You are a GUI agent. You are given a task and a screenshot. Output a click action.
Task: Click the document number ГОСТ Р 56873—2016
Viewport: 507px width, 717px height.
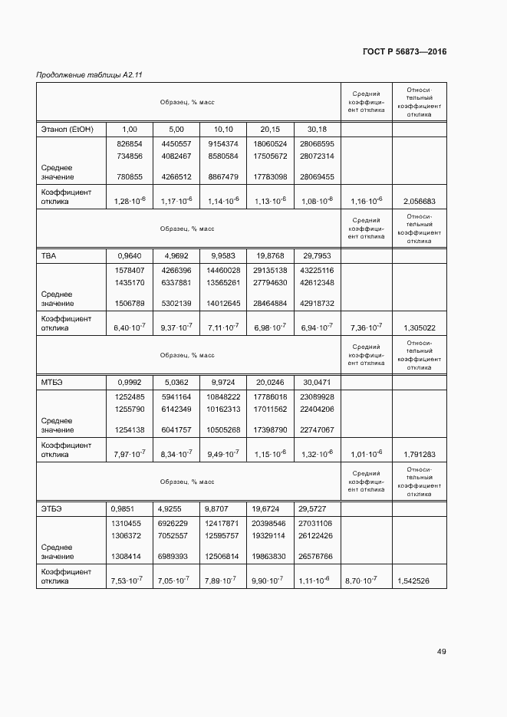click(x=404, y=52)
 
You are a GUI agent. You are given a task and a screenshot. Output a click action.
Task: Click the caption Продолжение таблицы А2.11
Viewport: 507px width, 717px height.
click(x=90, y=75)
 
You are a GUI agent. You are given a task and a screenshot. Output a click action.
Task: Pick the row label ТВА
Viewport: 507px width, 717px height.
click(x=48, y=255)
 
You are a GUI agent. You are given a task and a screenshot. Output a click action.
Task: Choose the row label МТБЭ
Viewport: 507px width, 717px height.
click(x=51, y=382)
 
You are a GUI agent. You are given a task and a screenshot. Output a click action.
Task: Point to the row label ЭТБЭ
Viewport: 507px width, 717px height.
click(x=51, y=508)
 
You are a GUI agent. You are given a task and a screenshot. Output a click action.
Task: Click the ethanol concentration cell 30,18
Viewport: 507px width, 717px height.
click(x=316, y=129)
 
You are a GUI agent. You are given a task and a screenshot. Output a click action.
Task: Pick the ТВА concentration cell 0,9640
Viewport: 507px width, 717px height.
click(x=130, y=255)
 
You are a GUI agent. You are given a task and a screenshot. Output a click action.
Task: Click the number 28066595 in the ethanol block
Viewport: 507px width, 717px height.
click(x=316, y=144)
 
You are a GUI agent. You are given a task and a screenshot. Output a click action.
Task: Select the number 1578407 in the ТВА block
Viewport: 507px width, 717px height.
click(x=130, y=271)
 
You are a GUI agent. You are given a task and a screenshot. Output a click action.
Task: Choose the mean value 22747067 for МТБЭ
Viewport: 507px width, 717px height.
click(x=316, y=430)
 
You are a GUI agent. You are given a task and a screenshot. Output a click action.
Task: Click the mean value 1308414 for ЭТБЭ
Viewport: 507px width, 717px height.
click(x=130, y=557)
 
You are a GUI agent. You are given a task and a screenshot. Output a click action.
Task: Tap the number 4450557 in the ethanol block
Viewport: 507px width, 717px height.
click(x=176, y=144)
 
